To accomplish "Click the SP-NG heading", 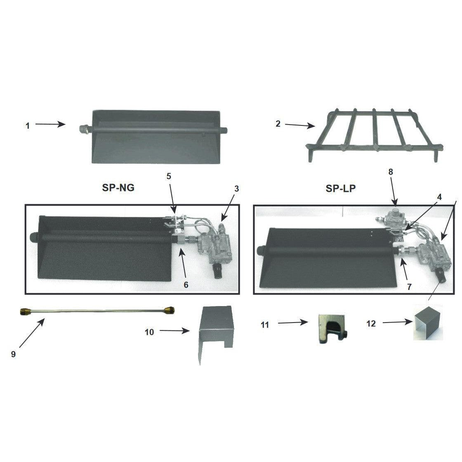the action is (x=118, y=188).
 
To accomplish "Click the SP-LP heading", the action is (x=341, y=188).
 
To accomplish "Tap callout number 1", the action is (x=28, y=126).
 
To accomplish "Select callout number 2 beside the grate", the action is (x=278, y=124).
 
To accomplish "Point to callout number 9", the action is (x=13, y=354).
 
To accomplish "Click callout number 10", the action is (x=149, y=332).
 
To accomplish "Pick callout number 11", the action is (x=265, y=325).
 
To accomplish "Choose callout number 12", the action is (x=371, y=323).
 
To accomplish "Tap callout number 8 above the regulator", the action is (x=391, y=172).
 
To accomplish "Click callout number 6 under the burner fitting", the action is (x=186, y=285).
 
